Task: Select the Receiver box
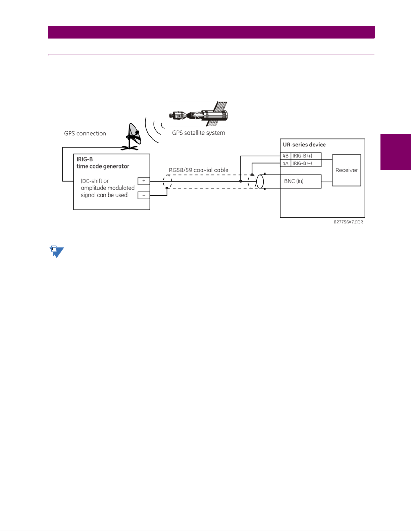click(346, 170)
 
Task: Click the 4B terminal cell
click(286, 156)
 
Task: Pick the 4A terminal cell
click(286, 163)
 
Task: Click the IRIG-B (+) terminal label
click(302, 156)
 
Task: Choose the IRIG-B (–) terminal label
click(302, 163)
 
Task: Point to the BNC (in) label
click(294, 181)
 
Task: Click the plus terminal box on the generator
click(144, 181)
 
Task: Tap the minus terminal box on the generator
click(144, 195)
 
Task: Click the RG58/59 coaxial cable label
click(199, 170)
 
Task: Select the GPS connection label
click(85, 133)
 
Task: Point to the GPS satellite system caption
click(199, 133)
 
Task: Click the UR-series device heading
click(304, 145)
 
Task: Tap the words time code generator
click(103, 167)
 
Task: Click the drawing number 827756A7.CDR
click(348, 222)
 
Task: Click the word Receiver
click(346, 170)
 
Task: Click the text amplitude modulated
click(108, 188)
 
